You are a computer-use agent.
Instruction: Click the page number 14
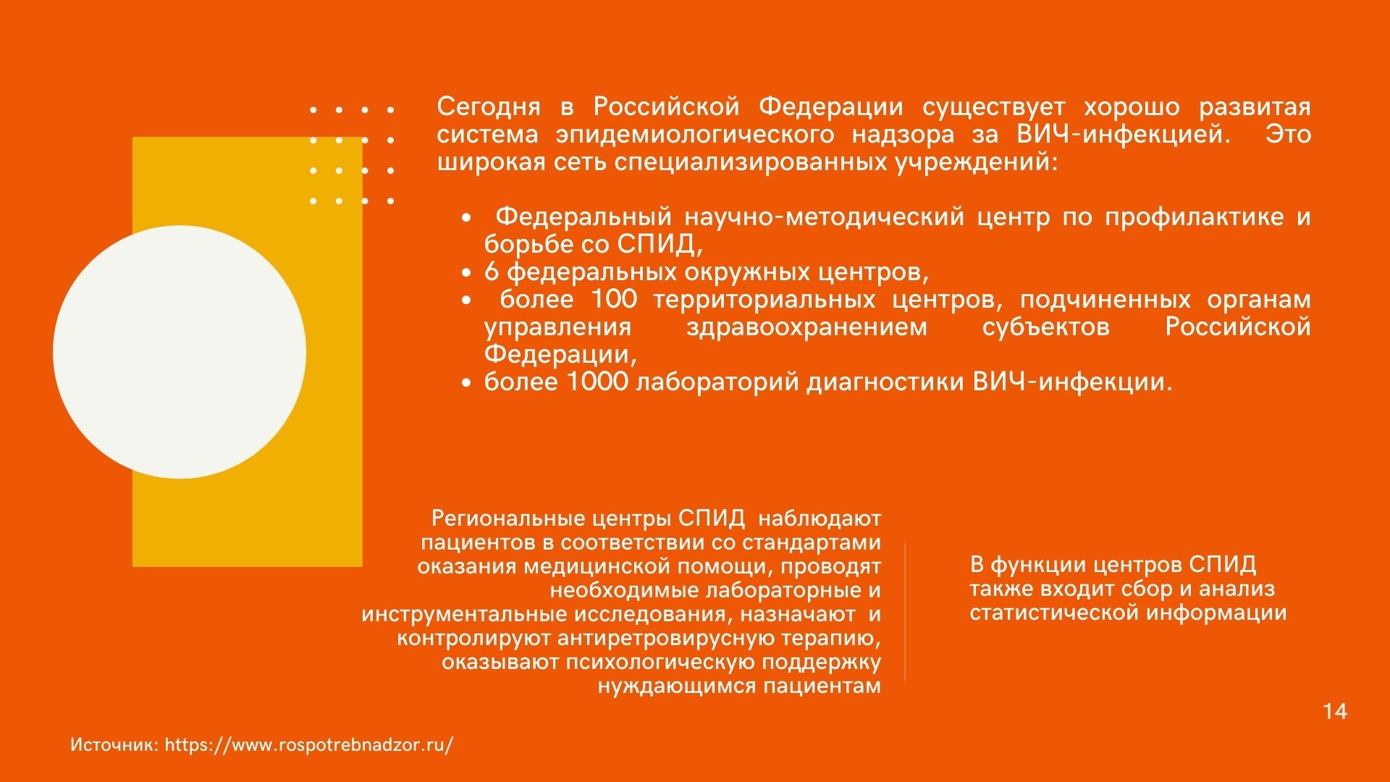coord(1335,711)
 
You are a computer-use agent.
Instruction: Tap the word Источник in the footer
coord(114,745)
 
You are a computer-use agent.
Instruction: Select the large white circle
coord(180,352)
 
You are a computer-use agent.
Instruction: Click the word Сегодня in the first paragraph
coord(489,108)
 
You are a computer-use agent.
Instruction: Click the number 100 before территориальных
coord(614,299)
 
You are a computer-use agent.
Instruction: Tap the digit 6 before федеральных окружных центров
coord(492,272)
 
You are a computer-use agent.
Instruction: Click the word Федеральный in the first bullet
coord(584,217)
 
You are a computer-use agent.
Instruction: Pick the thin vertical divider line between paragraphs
coord(905,612)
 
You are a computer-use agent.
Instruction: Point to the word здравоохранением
coord(806,327)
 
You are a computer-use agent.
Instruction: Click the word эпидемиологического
coord(695,135)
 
